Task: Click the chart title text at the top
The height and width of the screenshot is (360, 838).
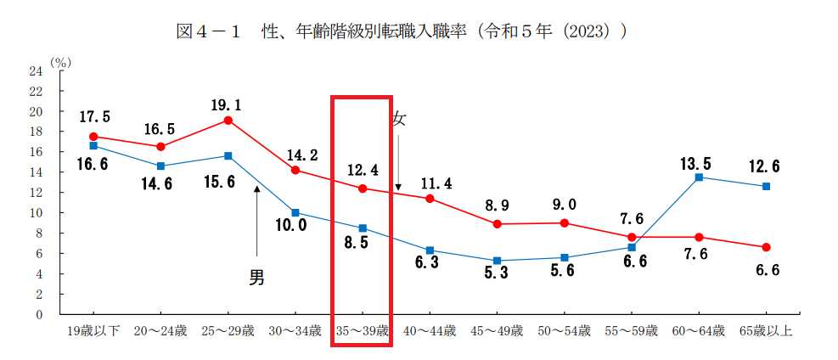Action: point(401,32)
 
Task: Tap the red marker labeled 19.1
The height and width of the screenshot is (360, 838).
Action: point(228,120)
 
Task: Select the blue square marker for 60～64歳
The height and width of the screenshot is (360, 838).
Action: point(699,177)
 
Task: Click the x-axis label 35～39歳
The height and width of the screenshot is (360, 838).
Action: point(362,331)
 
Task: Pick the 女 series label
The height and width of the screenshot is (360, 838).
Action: point(399,120)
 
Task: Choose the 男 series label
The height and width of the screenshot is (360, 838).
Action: point(256,278)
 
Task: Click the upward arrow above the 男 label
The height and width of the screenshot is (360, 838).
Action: point(256,221)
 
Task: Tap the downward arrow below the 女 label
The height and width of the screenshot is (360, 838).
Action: point(398,161)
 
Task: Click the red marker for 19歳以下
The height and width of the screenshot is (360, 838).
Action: point(93,136)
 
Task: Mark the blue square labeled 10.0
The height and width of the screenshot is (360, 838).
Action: point(295,212)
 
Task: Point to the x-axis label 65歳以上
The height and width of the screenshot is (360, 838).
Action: point(766,331)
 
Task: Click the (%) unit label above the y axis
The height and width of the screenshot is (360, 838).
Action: point(60,62)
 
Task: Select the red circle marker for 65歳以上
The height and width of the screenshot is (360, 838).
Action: point(766,247)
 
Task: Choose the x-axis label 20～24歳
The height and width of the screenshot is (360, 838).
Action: point(161,331)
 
